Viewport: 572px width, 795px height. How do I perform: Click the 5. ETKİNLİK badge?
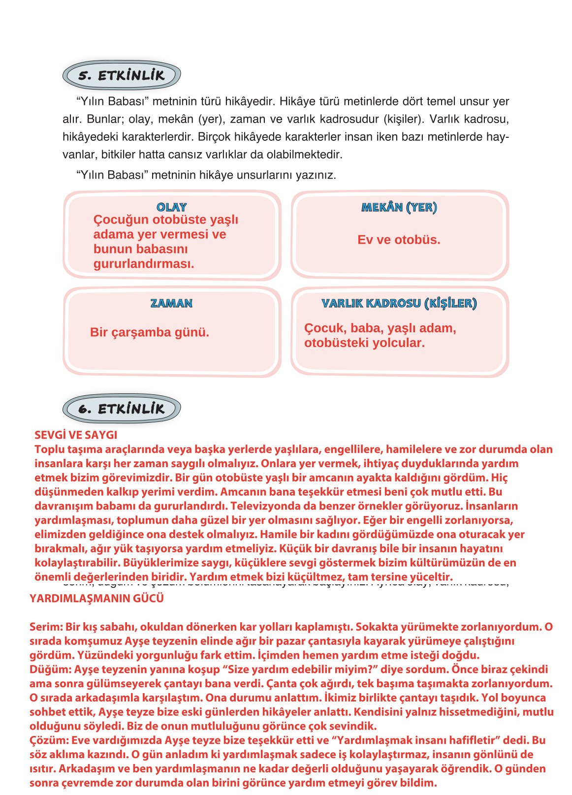point(122,75)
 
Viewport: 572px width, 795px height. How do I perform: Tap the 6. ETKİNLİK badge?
point(122,409)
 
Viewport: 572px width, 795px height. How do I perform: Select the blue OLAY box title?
point(171,207)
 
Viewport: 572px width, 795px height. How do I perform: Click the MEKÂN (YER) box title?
point(399,207)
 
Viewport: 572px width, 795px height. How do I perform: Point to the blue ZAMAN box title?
point(171,303)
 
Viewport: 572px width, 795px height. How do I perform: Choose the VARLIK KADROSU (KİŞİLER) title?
point(399,303)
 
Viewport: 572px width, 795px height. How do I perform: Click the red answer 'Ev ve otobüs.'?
point(399,240)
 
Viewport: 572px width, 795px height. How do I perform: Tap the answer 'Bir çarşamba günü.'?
point(150,332)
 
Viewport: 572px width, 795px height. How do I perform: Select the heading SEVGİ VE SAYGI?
point(76,435)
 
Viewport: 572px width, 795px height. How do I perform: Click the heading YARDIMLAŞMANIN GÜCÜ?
point(96,599)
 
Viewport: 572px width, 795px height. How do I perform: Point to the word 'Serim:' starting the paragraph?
point(46,627)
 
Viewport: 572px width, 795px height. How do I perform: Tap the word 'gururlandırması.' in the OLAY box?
point(144,264)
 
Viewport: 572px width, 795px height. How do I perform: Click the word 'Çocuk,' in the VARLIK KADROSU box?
point(323,328)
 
